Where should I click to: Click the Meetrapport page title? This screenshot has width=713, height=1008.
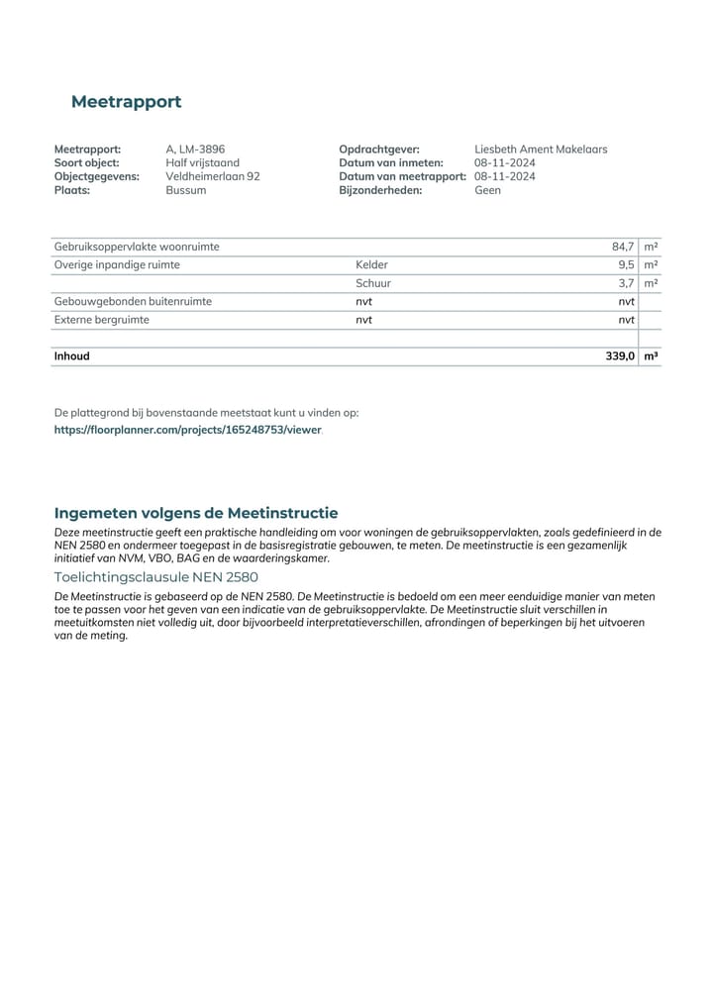pyautogui.click(x=126, y=102)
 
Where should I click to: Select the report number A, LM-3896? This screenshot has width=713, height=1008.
pyautogui.click(x=195, y=150)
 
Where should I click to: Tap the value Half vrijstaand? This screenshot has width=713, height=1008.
pyautogui.click(x=202, y=163)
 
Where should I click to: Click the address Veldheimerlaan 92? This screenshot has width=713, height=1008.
pyautogui.click(x=212, y=176)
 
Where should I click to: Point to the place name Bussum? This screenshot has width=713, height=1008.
pyautogui.click(x=186, y=190)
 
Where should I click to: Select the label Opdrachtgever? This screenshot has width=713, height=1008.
pyautogui.click(x=378, y=150)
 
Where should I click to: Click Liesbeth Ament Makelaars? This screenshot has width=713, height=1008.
pyautogui.click(x=541, y=150)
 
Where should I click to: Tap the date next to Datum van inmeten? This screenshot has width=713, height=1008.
pyautogui.click(x=504, y=163)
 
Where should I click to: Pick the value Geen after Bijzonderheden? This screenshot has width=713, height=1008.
pyautogui.click(x=487, y=190)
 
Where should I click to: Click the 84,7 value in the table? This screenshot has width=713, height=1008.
pyautogui.click(x=623, y=247)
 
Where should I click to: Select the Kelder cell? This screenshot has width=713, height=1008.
pyautogui.click(x=371, y=265)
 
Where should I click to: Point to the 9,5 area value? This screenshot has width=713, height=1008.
pyautogui.click(x=626, y=265)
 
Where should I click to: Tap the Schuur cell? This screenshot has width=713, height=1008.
pyautogui.click(x=372, y=283)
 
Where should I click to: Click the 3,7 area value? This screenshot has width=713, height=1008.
pyautogui.click(x=626, y=283)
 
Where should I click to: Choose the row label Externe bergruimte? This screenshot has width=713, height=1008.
pyautogui.click(x=102, y=320)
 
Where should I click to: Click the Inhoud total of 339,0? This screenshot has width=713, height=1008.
pyautogui.click(x=620, y=355)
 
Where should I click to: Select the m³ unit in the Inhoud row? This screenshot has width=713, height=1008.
pyautogui.click(x=651, y=355)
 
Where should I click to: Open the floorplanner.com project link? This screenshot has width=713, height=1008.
pyautogui.click(x=188, y=431)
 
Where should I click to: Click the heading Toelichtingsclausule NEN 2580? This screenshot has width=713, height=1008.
pyautogui.click(x=155, y=577)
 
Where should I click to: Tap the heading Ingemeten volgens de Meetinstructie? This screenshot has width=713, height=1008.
pyautogui.click(x=196, y=513)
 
